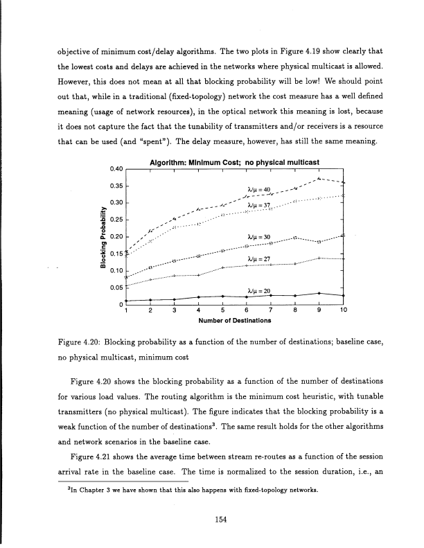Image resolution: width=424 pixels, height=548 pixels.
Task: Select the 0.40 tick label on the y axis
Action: click(x=116, y=169)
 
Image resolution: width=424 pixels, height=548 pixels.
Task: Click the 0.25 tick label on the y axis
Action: click(x=116, y=220)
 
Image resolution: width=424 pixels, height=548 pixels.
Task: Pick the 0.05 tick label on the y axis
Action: click(x=116, y=287)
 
